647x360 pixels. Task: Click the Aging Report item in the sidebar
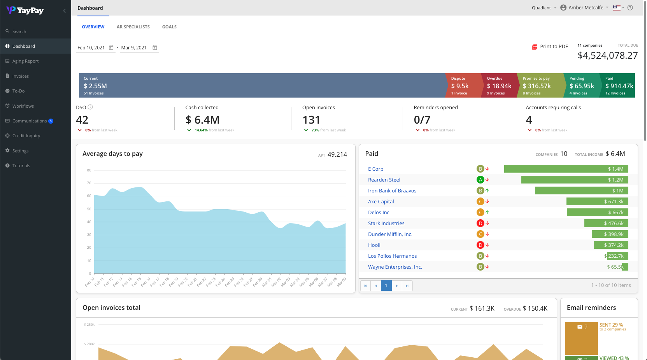(x=25, y=61)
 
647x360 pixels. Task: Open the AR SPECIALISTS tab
(x=133, y=27)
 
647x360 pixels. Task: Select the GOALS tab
(x=169, y=27)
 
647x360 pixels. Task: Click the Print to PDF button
(x=550, y=47)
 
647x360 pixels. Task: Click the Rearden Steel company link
(x=384, y=180)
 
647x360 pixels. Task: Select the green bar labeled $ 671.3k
(x=597, y=201)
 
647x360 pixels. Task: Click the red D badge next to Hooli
(x=480, y=245)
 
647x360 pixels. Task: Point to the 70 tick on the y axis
(x=89, y=183)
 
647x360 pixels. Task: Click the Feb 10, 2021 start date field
(x=91, y=48)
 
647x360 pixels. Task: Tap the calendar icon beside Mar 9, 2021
(x=155, y=48)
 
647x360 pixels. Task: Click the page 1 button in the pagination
(x=386, y=286)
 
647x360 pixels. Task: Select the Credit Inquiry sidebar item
(x=26, y=136)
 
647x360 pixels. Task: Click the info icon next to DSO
(x=90, y=107)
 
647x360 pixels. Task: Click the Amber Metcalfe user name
(x=586, y=8)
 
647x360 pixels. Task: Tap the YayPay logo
(x=25, y=10)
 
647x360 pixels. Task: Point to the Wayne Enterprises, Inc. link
(x=395, y=267)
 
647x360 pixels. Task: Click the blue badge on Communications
(x=51, y=121)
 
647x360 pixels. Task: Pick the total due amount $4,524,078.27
(x=607, y=56)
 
